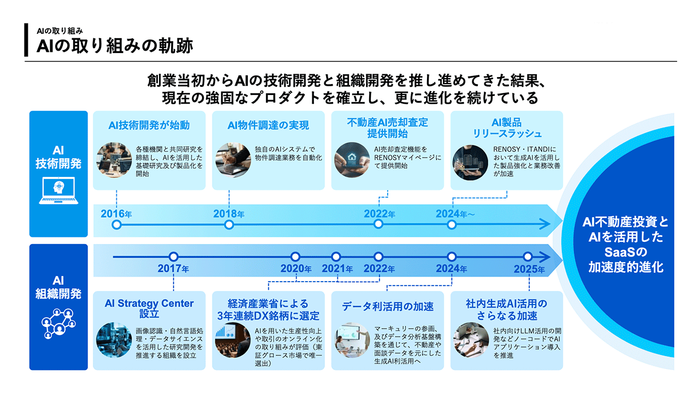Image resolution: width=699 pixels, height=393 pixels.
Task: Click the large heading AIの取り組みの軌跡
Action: point(115,46)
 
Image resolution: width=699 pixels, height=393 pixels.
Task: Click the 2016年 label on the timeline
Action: point(116,214)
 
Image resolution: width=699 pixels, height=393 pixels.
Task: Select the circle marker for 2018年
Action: point(229,224)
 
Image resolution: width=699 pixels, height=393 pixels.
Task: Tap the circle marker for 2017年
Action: point(174,257)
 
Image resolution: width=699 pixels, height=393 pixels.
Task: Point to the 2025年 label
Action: point(529,269)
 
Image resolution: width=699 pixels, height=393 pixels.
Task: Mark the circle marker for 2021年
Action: point(336,257)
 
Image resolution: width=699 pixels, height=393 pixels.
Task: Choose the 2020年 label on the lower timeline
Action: point(296,269)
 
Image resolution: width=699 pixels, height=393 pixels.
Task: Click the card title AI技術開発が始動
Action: point(149,126)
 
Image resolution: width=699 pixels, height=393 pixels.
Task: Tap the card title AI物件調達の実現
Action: point(268,126)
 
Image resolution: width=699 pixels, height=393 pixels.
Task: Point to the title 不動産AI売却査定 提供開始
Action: point(388,128)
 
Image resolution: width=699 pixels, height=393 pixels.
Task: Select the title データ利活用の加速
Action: point(388,306)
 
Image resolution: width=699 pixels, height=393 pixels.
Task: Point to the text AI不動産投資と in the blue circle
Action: point(625,223)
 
